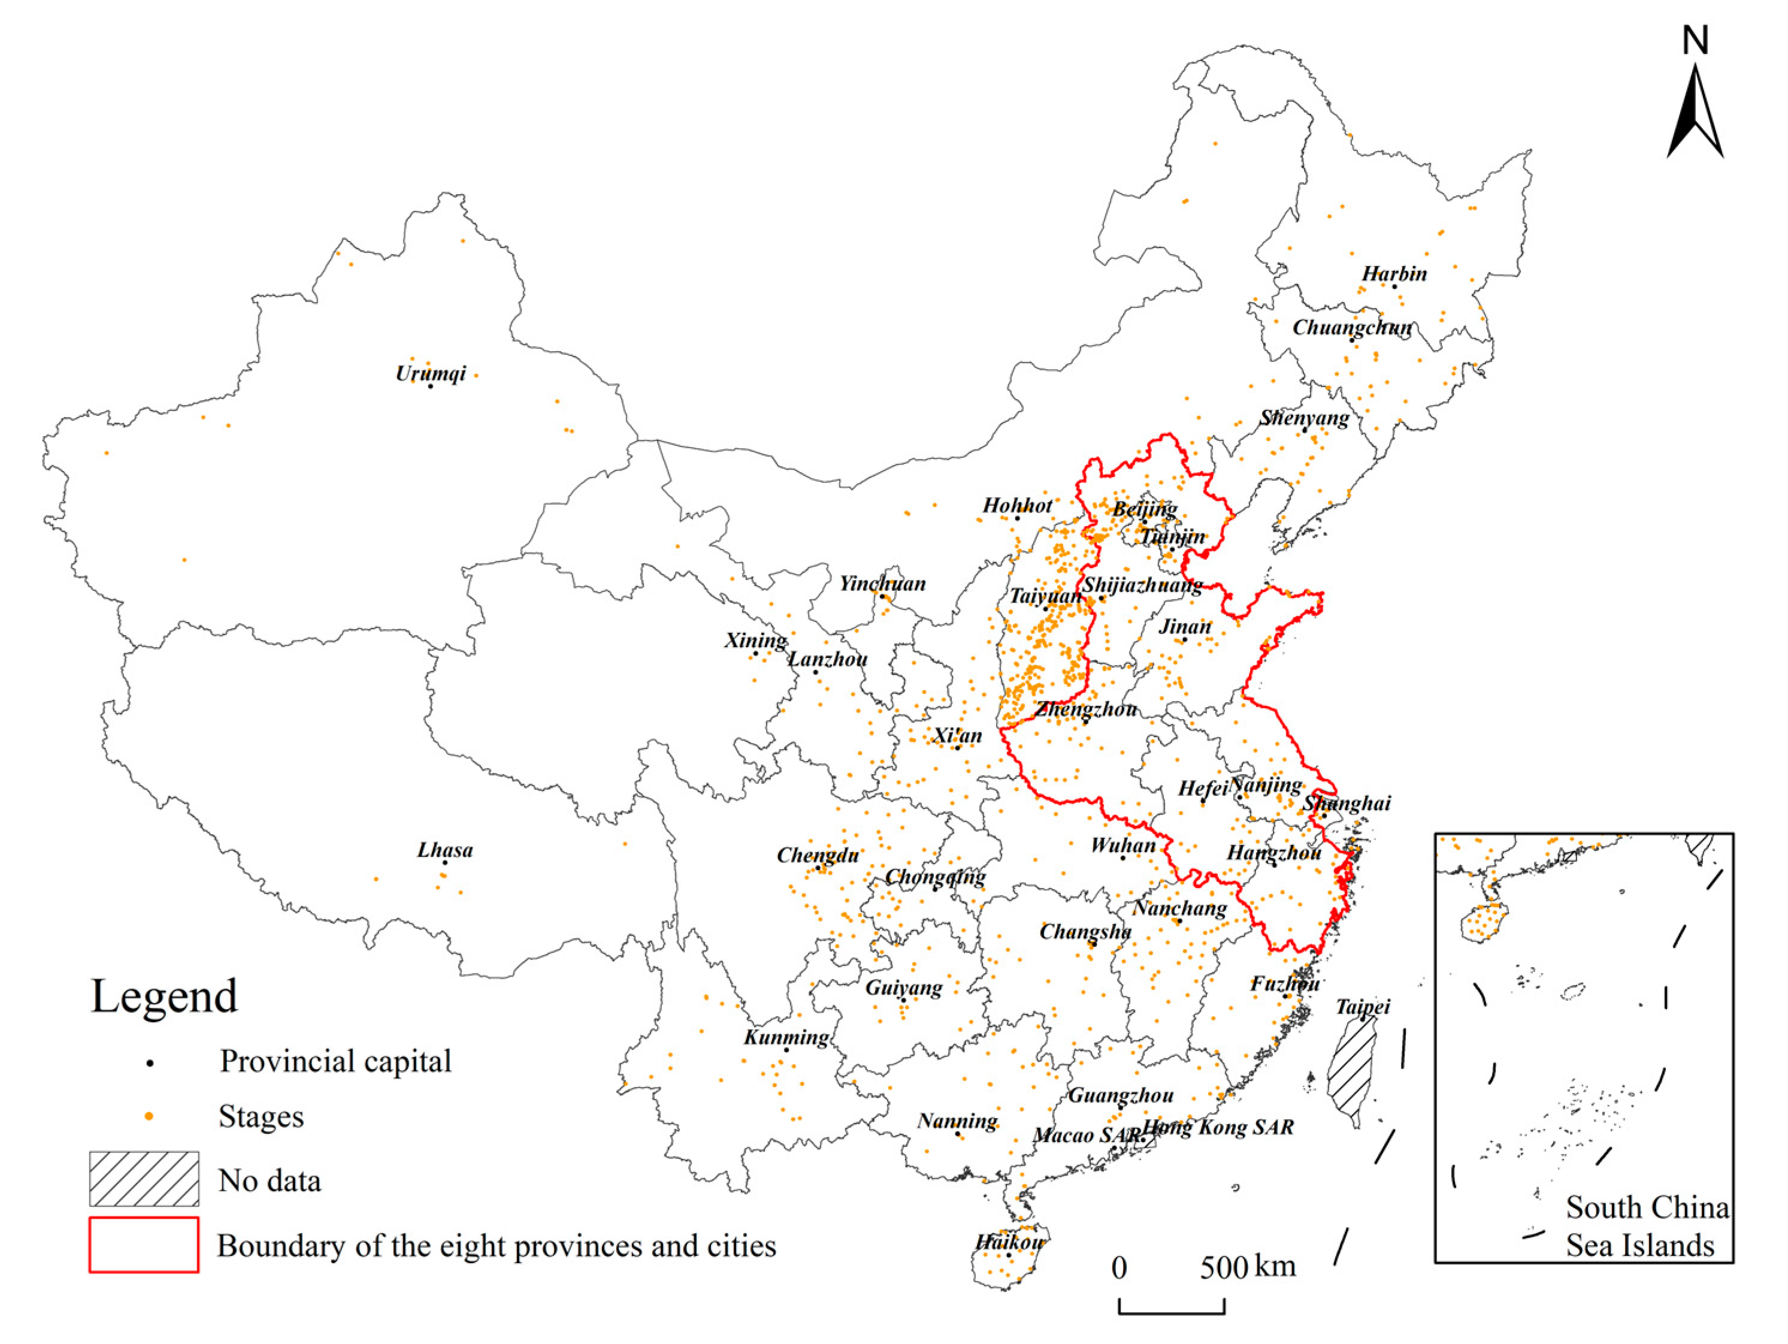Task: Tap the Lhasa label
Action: pos(444,850)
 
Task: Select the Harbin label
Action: pos(1394,273)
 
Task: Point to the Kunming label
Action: pos(786,1037)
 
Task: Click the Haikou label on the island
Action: pos(1009,1242)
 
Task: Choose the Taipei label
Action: pos(1363,1007)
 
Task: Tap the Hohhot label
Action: pos(1017,505)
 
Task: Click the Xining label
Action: pos(755,641)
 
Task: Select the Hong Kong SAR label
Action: pos(1218,1126)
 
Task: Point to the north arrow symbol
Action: pos(1695,113)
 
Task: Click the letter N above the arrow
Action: pos(1695,40)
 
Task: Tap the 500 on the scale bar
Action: pos(1223,1267)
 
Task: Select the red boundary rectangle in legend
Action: pos(144,1245)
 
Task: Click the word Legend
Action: pos(164,996)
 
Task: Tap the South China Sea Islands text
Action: pos(1647,1226)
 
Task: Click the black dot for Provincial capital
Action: pos(150,1062)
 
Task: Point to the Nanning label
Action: pos(957,1121)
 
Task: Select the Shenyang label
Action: pos(1304,418)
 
